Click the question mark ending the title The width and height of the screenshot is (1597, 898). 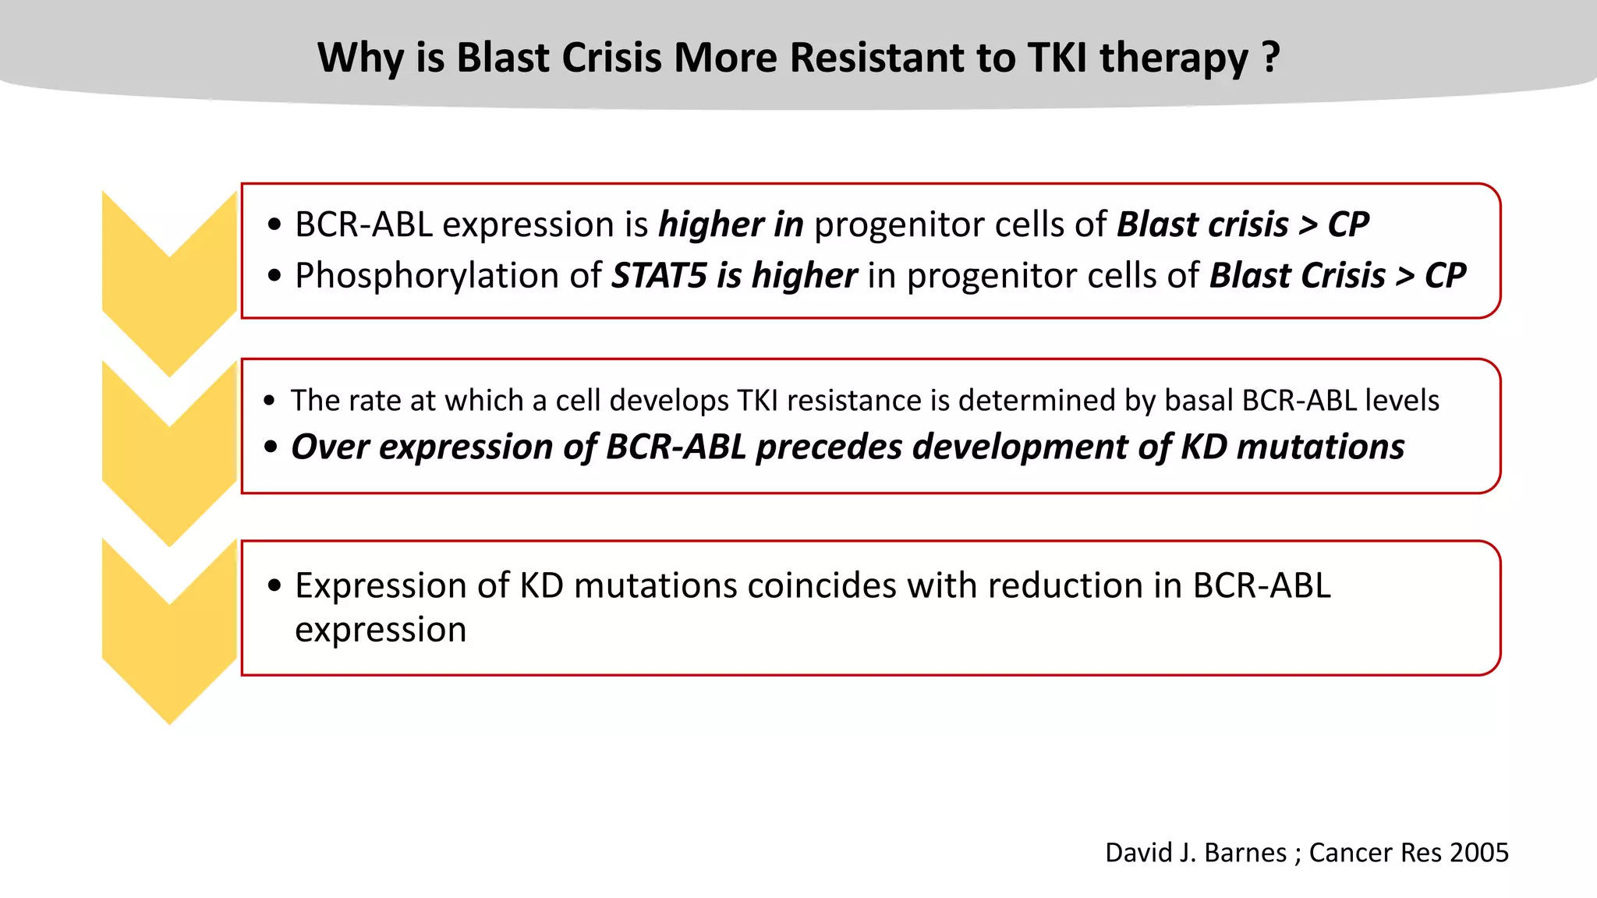[1270, 57]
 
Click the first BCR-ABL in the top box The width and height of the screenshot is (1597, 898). [363, 224]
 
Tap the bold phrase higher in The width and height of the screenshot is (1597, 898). [731, 224]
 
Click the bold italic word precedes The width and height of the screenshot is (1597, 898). [829, 447]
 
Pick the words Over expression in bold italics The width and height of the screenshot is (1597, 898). [422, 447]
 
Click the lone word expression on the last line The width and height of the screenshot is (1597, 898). [381, 629]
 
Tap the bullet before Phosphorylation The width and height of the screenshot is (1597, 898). [274, 276]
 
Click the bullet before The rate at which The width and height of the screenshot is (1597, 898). [269, 401]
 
